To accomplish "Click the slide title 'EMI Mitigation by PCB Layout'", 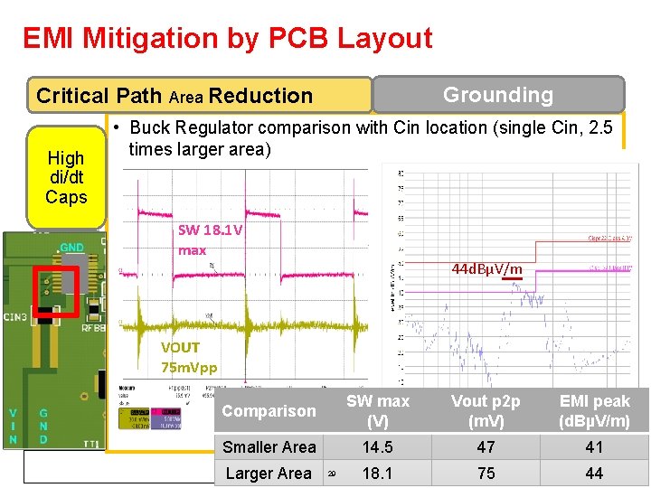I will tap(227, 38).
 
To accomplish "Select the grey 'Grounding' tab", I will tap(498, 95).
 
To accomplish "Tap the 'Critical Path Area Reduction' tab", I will tap(175, 96).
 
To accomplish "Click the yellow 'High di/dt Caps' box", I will tap(66, 177).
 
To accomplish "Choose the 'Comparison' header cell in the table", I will tap(269, 411).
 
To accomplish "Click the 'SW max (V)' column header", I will tap(378, 411).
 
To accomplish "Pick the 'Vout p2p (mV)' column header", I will tap(486, 411).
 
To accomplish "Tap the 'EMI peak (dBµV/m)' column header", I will tap(594, 411).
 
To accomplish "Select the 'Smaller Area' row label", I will tap(269, 446).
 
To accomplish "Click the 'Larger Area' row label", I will tap(269, 473).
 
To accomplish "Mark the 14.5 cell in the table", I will tap(378, 446).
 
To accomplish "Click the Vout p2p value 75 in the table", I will tap(486, 473).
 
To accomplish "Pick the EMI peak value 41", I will tap(594, 446).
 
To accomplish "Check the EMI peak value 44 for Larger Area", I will tap(594, 473).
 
